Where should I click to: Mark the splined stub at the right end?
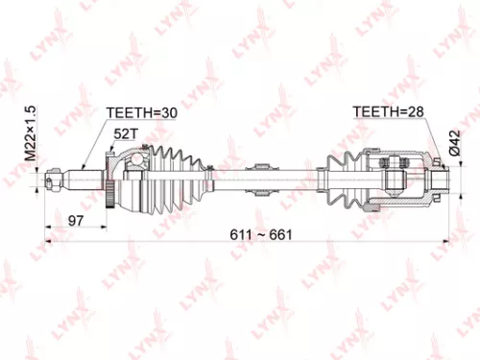[x=440, y=177]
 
